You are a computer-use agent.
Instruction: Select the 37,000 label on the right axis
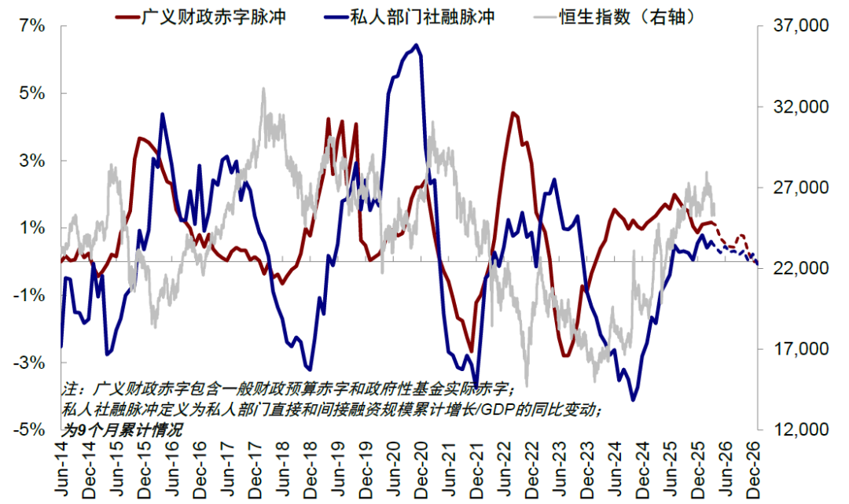[790, 26]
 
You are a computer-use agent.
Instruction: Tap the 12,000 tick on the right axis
[790, 430]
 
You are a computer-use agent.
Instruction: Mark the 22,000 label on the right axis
[790, 269]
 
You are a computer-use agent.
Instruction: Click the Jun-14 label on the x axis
[62, 469]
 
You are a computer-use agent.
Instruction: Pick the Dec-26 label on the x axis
[755, 469]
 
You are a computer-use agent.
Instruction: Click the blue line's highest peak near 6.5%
[416, 45]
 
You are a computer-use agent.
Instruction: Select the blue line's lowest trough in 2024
[634, 400]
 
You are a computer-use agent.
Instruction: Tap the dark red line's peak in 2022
[513, 113]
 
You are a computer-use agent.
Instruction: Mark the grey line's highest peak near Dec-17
[263, 89]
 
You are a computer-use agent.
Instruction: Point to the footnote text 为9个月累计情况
[122, 430]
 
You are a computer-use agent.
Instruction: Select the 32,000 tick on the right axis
[790, 107]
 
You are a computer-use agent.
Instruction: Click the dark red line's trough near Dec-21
[471, 351]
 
